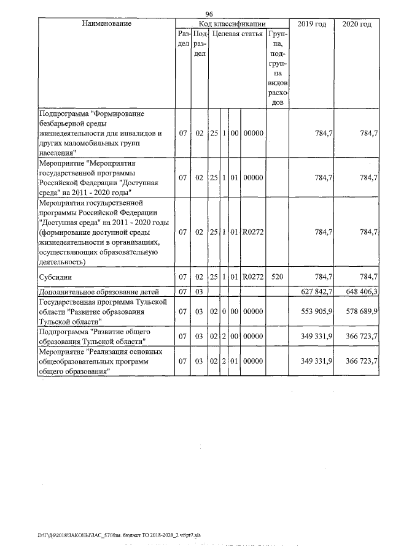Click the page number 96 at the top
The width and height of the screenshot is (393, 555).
click(209, 14)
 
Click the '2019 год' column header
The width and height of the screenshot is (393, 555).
click(311, 24)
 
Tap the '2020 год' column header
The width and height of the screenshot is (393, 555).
click(357, 24)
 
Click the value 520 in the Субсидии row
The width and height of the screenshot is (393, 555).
click(277, 277)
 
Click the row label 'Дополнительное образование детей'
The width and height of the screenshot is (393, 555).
click(99, 291)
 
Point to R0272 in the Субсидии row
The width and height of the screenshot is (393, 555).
click(253, 277)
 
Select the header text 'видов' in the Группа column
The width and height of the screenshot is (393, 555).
click(277, 82)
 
